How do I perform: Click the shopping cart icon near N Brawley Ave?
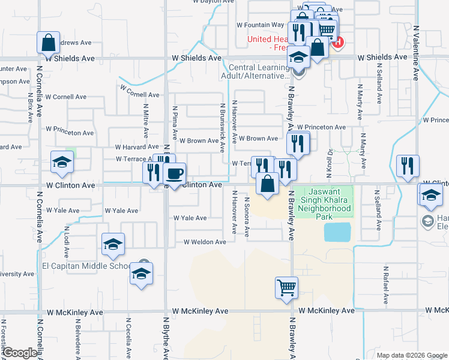[287, 287]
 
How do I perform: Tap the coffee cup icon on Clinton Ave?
[174, 174]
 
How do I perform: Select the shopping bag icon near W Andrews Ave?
[48, 43]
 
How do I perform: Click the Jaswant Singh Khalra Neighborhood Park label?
[326, 202]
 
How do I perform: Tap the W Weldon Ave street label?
[205, 242]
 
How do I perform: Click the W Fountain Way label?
[260, 25]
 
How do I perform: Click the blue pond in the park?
[338, 232]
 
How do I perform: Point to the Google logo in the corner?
[19, 353]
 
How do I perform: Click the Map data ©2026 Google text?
[411, 355]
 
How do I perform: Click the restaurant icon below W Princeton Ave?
[298, 143]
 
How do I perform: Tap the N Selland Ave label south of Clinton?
[378, 210]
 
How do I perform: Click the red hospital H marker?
[338, 43]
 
